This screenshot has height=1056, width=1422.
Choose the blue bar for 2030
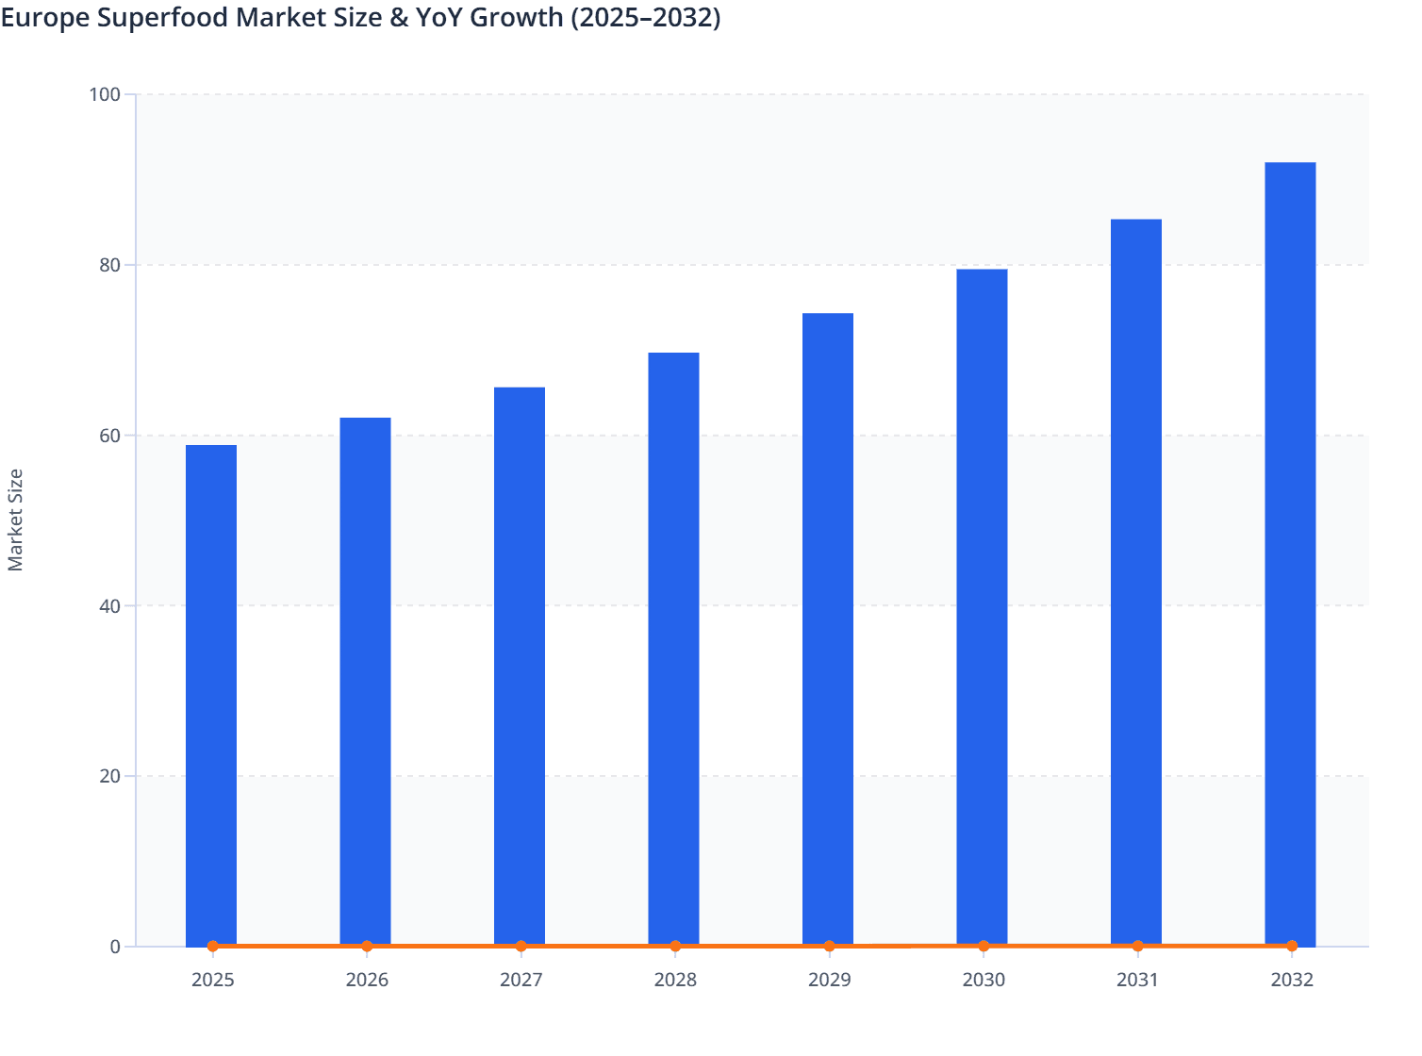982,607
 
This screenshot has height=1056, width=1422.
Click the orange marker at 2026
367,946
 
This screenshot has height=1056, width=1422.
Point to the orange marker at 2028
675,946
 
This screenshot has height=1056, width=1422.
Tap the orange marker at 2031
1137,946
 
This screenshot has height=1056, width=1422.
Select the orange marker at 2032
1292,946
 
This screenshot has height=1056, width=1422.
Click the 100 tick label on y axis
105,94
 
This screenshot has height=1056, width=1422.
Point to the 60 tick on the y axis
109,436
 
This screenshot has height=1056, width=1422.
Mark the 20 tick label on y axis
109,776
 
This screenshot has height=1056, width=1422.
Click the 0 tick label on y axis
115,947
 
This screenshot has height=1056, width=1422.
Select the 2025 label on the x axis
213,980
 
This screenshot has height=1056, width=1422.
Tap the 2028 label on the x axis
675,980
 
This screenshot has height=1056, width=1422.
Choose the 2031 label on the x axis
1137,980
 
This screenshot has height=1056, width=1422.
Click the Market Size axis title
16,520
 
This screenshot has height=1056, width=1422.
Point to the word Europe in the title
44,18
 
